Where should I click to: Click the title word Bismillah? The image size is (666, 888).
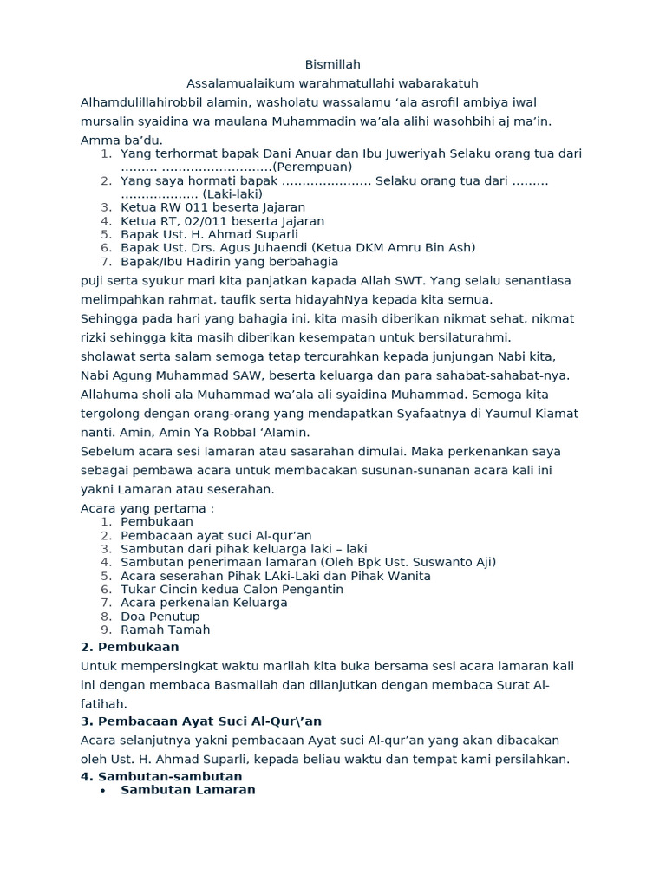333,65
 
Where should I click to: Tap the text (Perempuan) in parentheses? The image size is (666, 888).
312,166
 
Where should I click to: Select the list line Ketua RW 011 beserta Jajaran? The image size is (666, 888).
212,207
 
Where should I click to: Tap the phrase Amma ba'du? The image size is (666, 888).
121,140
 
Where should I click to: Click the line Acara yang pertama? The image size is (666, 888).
147,508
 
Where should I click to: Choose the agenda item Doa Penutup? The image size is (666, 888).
160,616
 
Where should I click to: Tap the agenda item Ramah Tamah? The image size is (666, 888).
165,630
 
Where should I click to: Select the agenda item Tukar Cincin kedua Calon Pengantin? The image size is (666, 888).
232,589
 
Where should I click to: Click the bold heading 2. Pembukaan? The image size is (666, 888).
129,647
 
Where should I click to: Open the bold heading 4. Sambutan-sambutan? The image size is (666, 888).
161,776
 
